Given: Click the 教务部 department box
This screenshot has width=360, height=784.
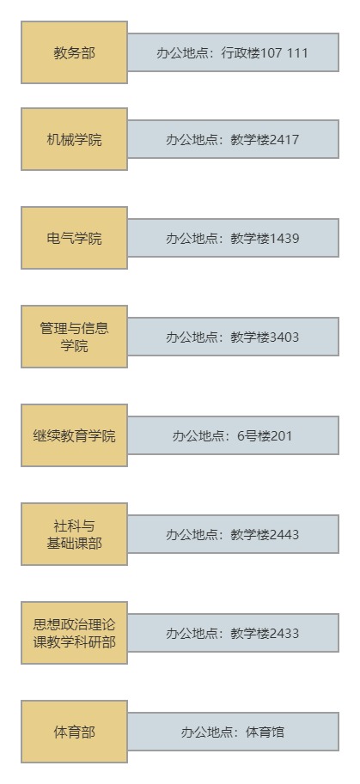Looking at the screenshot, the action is click(x=74, y=52).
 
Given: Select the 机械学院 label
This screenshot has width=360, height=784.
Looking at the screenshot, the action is click(x=74, y=139).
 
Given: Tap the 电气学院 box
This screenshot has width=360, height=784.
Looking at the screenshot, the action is click(x=74, y=238).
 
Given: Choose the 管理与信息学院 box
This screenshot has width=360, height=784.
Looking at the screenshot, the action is click(x=74, y=337).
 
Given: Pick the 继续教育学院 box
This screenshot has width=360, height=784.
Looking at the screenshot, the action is click(x=74, y=435).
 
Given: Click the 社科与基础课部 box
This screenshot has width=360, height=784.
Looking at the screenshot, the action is click(x=74, y=534).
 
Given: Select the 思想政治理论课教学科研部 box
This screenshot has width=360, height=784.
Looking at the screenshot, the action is click(x=74, y=633).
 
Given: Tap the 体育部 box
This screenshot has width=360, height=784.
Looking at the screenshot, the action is click(x=74, y=732).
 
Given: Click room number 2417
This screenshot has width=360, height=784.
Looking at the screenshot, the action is click(x=284, y=139).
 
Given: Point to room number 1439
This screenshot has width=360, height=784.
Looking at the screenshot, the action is click(x=284, y=238).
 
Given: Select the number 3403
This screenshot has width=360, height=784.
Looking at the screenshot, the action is click(x=284, y=337).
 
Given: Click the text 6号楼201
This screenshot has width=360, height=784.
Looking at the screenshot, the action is click(x=265, y=435).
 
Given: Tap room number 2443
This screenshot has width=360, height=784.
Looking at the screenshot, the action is click(x=284, y=534).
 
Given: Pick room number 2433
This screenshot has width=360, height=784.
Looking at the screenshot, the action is click(x=284, y=633).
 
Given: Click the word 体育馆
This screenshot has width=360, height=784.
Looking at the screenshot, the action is click(x=265, y=732).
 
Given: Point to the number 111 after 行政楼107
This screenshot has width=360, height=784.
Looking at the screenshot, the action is click(x=298, y=52).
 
